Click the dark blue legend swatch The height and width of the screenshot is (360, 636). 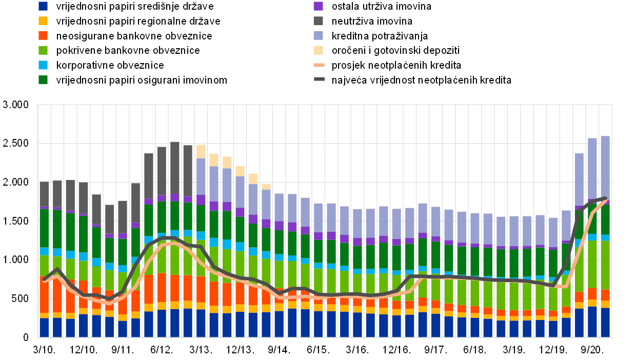pyautogui.click(x=43, y=6)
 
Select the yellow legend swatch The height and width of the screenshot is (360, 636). pyautogui.click(x=43, y=21)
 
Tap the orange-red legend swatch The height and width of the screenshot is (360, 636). pyautogui.click(x=43, y=35)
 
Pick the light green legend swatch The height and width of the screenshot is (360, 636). pyautogui.click(x=43, y=50)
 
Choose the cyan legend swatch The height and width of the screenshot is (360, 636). pyautogui.click(x=43, y=65)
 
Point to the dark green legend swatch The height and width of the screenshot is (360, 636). pyautogui.click(x=43, y=79)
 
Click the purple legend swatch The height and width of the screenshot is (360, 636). pyautogui.click(x=318, y=6)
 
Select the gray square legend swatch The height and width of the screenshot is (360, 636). pyautogui.click(x=318, y=21)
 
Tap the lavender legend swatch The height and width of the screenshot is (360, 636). pyautogui.click(x=318, y=35)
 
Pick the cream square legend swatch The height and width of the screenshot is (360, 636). pyautogui.click(x=318, y=50)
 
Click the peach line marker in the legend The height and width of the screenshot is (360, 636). pyautogui.click(x=319, y=65)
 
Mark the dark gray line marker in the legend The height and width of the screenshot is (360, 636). pyautogui.click(x=319, y=79)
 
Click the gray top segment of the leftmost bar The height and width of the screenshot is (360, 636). pyautogui.click(x=44, y=194)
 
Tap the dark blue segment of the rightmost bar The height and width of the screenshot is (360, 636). pyautogui.click(x=605, y=322)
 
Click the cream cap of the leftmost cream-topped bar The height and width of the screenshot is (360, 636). pyautogui.click(x=201, y=151)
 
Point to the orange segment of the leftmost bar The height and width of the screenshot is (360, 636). pyautogui.click(x=44, y=295)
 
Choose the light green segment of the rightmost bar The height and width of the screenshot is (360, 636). pyautogui.click(x=605, y=265)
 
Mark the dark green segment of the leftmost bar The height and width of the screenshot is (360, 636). pyautogui.click(x=44, y=228)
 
